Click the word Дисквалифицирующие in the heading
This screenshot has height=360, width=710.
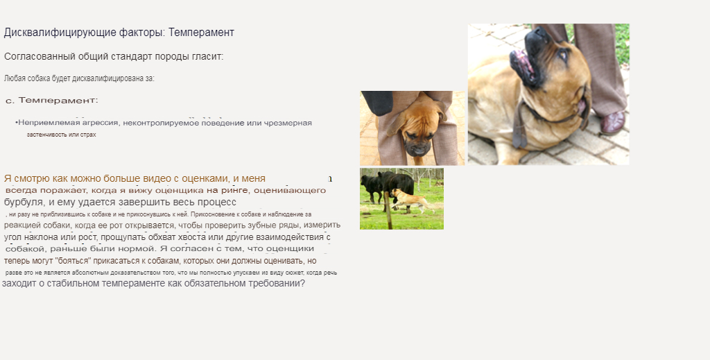tap(48, 33)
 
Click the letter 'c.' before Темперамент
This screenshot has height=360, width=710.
tap(10, 101)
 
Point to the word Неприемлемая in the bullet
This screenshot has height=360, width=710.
tap(46, 123)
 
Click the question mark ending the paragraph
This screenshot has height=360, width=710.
tap(302, 283)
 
